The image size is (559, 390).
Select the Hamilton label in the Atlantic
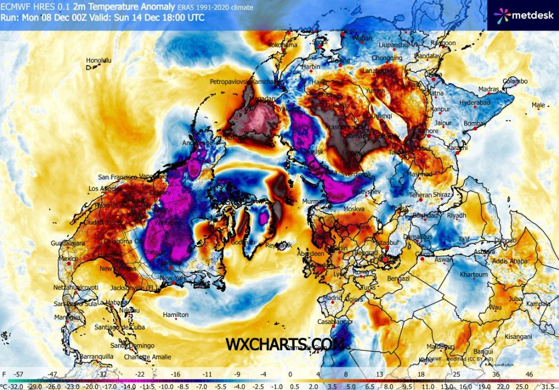pyautogui.click(x=176, y=315)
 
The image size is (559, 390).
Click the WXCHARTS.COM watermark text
pyautogui.click(x=285, y=345)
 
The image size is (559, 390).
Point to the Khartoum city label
pyautogui.click(x=473, y=274)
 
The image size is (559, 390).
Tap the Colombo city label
pyautogui.click(x=515, y=81)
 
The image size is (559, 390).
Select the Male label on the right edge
pyautogui.click(x=538, y=105)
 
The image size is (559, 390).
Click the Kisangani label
pyautogui.click(x=519, y=336)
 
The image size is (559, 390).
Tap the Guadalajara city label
pyautogui.click(x=67, y=243)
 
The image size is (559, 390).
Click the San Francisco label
pyautogui.click(x=117, y=177)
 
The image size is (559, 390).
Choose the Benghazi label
pyautogui.click(x=398, y=279)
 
